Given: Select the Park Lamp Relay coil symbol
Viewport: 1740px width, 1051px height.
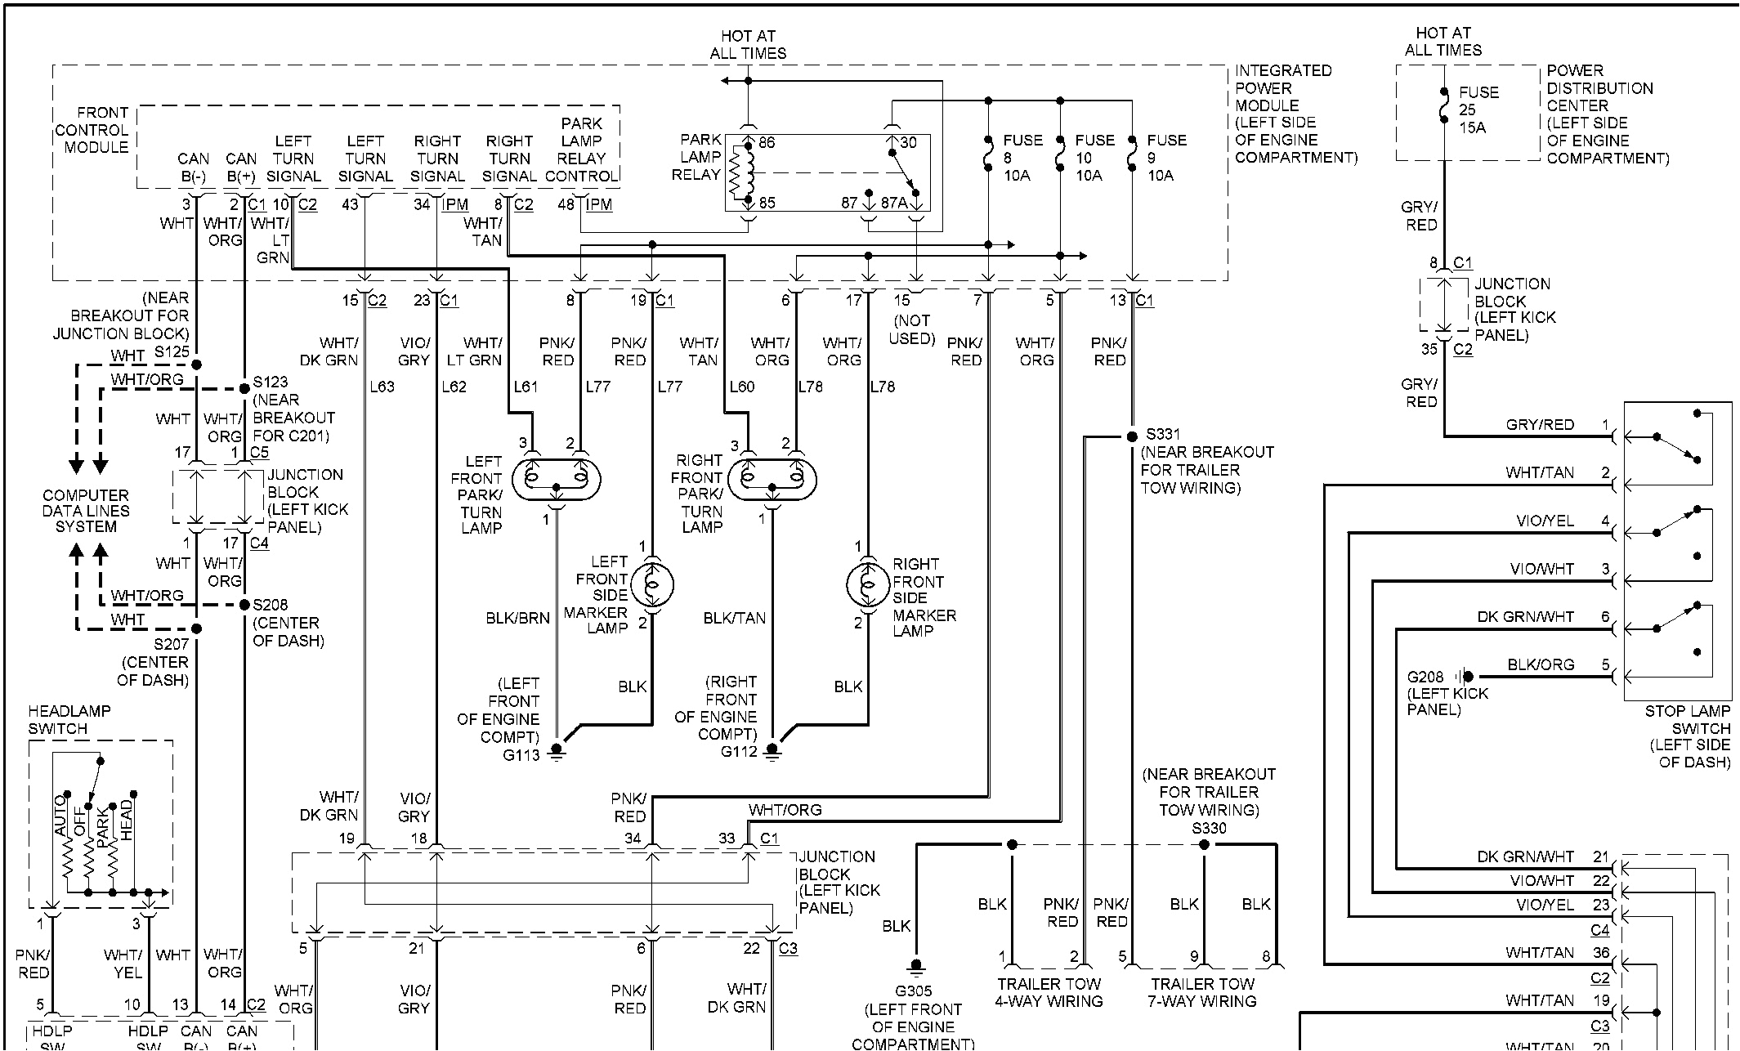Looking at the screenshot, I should pyautogui.click(x=747, y=172).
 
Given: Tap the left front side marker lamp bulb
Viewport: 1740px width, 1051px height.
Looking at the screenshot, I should pyautogui.click(x=652, y=584).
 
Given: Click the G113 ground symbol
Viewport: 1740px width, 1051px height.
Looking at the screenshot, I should pyautogui.click(x=557, y=750).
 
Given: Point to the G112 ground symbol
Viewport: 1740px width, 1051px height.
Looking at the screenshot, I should pyautogui.click(x=772, y=750).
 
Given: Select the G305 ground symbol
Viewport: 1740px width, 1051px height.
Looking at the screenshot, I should pyautogui.click(x=916, y=966).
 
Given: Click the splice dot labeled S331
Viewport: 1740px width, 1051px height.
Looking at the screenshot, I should pyautogui.click(x=1132, y=437).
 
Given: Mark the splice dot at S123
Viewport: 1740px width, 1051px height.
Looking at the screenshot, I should pyautogui.click(x=244, y=388).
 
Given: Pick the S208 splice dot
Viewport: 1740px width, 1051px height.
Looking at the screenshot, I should pyautogui.click(x=244, y=605).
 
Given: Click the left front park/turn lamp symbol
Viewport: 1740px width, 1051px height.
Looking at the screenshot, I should pyautogui.click(x=557, y=479).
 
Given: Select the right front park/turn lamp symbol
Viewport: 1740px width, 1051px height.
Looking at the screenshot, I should pyautogui.click(x=772, y=479).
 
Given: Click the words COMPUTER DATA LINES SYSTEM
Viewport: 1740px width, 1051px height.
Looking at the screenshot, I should pyautogui.click(x=86, y=511).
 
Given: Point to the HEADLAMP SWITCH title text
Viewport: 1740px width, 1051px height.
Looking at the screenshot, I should pyautogui.click(x=69, y=719).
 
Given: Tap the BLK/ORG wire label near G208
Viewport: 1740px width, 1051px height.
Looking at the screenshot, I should pyautogui.click(x=1540, y=664).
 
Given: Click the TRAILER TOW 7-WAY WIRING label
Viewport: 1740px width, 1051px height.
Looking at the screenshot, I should pyautogui.click(x=1201, y=992).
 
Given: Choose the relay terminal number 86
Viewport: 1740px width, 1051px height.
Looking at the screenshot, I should pyautogui.click(x=766, y=143).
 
